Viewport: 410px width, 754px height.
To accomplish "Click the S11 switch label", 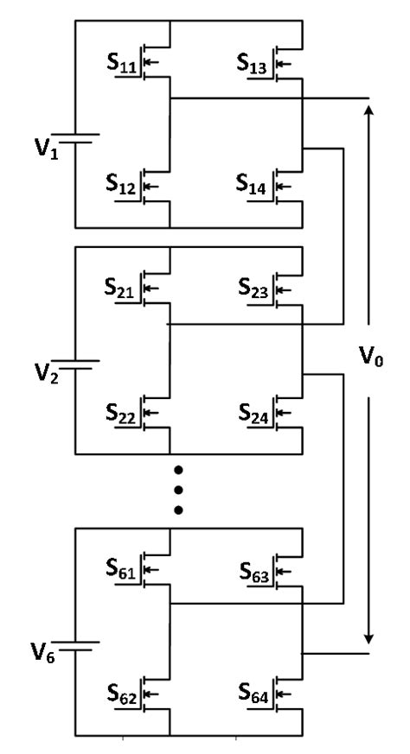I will pyautogui.click(x=122, y=65).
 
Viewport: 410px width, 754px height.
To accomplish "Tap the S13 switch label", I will pyautogui.click(x=253, y=65).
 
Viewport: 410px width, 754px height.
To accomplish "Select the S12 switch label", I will pyautogui.click(x=122, y=184).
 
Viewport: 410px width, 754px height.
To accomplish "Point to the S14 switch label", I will pyautogui.click(x=253, y=184).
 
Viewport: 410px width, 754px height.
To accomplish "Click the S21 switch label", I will pyautogui.click(x=122, y=290).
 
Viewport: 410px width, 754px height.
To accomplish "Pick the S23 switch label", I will pyautogui.click(x=253, y=290).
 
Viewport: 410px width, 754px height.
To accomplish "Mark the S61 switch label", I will pyautogui.click(x=122, y=571).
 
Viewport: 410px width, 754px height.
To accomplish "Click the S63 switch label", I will pyautogui.click(x=253, y=571).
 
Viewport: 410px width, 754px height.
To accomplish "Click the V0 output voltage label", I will pyautogui.click(x=371, y=355).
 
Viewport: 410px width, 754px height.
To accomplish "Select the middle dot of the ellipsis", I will pyautogui.click(x=178, y=490).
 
